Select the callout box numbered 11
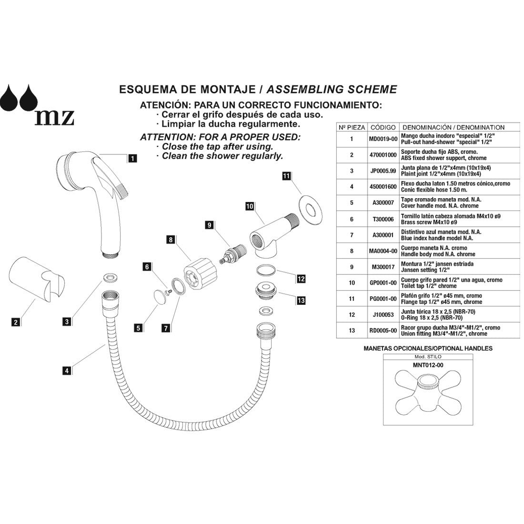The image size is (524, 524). pos(286,176)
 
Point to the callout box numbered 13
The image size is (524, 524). pos(301,301)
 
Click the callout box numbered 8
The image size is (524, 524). pos(170,241)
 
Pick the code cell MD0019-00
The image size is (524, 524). pos(383,139)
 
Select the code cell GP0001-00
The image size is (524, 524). pos(383,283)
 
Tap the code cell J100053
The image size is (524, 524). pos(383,315)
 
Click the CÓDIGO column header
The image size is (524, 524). pos(383,128)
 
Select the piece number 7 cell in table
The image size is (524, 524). pos(352,235)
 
